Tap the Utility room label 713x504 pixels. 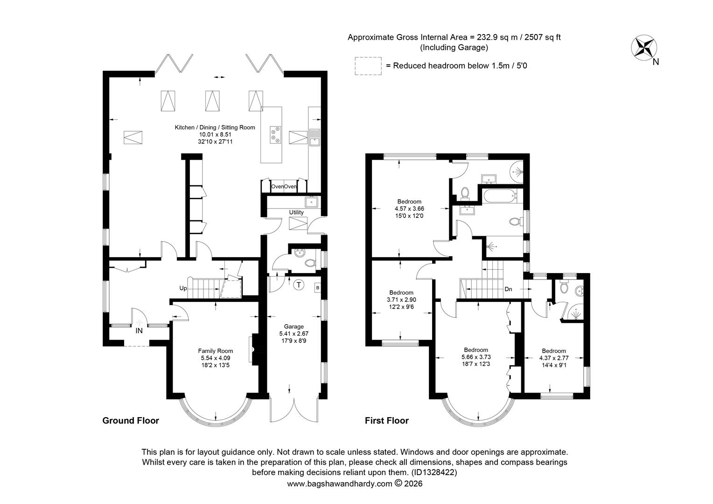coord(296,212)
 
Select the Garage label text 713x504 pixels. coord(294,326)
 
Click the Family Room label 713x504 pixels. coord(216,351)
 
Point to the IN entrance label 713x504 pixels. coord(139,331)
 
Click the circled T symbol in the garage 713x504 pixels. coord(299,285)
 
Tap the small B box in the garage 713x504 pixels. coord(317,288)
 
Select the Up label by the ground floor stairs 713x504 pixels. coord(183,288)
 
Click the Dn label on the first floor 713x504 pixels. coord(508,289)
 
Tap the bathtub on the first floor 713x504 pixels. coord(499,196)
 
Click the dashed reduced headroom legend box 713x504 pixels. coord(368,66)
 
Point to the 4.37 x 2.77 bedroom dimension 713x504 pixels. coord(554,358)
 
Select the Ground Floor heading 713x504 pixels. coord(131,420)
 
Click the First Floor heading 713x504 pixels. coord(387,420)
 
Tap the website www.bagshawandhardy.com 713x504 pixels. coord(340,483)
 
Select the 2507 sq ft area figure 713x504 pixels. coord(542,37)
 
